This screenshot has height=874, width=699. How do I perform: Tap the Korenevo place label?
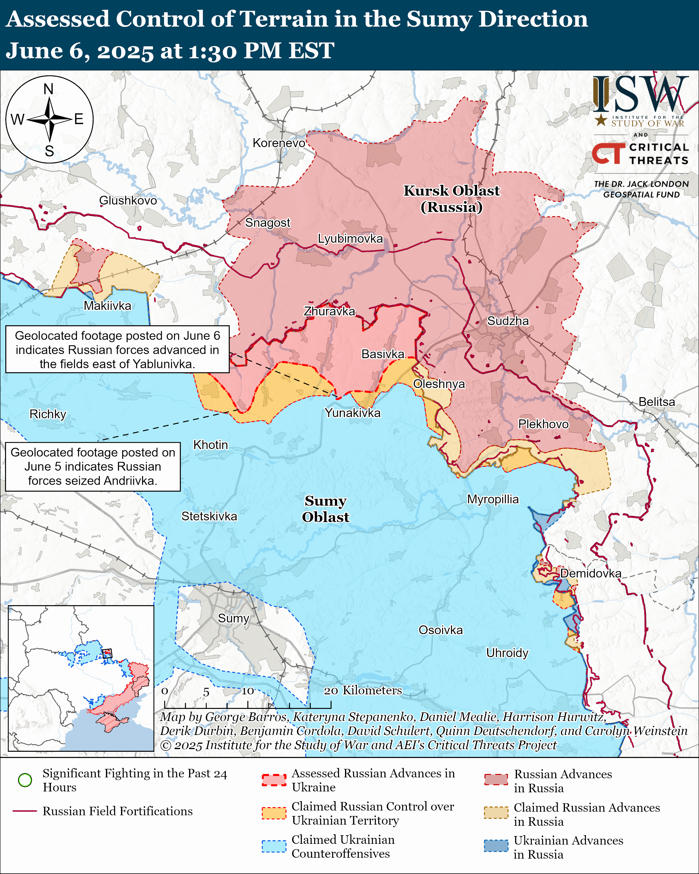tap(279, 143)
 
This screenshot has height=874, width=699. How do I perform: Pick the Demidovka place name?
tap(590, 573)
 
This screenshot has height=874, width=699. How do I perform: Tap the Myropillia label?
tap(493, 499)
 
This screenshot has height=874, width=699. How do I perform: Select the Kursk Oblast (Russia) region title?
tap(451, 199)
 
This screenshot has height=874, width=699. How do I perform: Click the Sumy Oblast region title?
tap(326, 509)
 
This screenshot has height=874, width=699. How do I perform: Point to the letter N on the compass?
tap(49, 89)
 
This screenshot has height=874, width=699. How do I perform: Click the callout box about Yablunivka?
tap(117, 350)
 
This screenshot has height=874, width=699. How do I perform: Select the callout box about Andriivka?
tap(93, 466)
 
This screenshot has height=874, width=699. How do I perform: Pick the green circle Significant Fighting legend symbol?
tap(25, 780)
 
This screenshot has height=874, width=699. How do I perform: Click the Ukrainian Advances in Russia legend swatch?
tap(496, 846)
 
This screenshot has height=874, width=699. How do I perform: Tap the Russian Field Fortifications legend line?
tap(25, 811)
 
